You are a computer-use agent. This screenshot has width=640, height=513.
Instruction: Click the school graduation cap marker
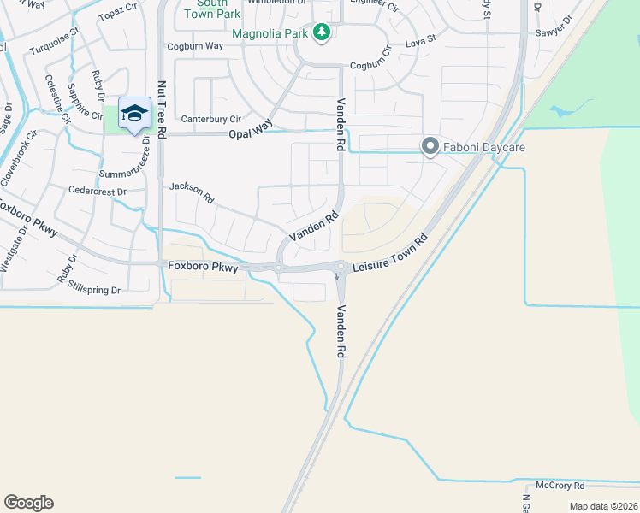tap(134, 113)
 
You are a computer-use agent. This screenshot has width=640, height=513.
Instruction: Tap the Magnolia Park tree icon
tap(322, 32)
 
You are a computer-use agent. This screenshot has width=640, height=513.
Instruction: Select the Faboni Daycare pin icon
tap(430, 147)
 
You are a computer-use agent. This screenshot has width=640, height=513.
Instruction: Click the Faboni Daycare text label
tap(483, 147)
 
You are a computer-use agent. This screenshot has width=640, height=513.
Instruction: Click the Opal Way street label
tap(250, 134)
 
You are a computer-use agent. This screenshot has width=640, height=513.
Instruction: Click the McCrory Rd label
tap(560, 485)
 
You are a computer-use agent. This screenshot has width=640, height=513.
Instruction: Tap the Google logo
tap(28, 503)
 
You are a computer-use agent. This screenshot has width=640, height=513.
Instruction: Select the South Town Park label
tap(211, 9)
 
